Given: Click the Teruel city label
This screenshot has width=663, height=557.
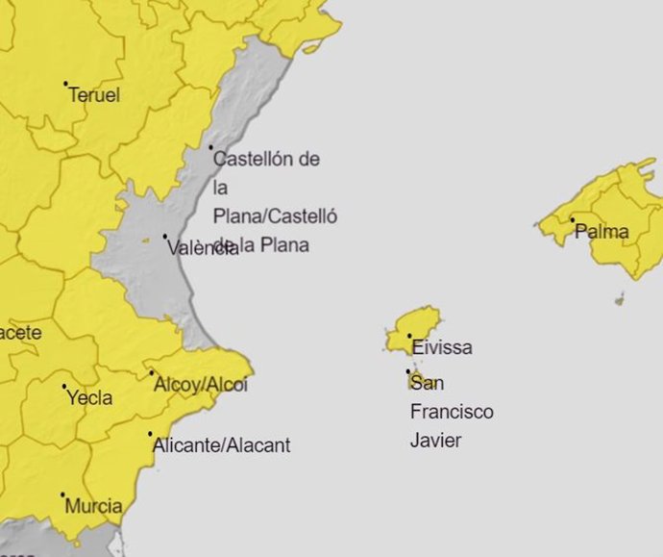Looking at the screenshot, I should (x=94, y=95).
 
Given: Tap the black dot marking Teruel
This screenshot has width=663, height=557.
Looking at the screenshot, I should (x=65, y=84).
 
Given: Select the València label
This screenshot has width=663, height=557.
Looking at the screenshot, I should (x=202, y=248).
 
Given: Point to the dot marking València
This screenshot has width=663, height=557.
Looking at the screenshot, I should (x=164, y=236).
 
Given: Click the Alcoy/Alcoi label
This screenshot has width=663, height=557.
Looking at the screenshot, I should (x=201, y=385).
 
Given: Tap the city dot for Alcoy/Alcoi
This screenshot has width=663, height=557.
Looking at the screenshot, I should (x=151, y=373).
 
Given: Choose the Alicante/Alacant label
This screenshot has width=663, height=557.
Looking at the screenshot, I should (x=222, y=445).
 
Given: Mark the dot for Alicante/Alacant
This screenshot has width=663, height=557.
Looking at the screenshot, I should (x=151, y=434).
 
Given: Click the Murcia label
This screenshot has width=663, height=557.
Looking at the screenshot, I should (x=94, y=506).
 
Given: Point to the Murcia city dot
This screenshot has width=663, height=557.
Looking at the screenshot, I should (x=63, y=495).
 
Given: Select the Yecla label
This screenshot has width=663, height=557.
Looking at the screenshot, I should (x=89, y=397).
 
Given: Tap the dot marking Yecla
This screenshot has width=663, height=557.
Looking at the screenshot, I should (x=64, y=387).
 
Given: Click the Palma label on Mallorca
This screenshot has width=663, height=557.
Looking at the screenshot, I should (x=602, y=232).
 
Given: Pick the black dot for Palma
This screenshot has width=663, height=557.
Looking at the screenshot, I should (x=573, y=220).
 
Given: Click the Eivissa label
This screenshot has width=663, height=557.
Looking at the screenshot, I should (x=442, y=347).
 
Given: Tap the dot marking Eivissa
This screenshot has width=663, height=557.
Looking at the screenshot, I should (x=410, y=337).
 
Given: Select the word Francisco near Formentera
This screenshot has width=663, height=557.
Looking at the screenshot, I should (x=452, y=412).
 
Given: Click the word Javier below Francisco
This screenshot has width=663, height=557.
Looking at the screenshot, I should (x=436, y=441).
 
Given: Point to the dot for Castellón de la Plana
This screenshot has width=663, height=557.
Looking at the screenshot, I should (x=211, y=147).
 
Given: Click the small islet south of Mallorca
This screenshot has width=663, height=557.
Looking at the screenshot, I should (x=620, y=300).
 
